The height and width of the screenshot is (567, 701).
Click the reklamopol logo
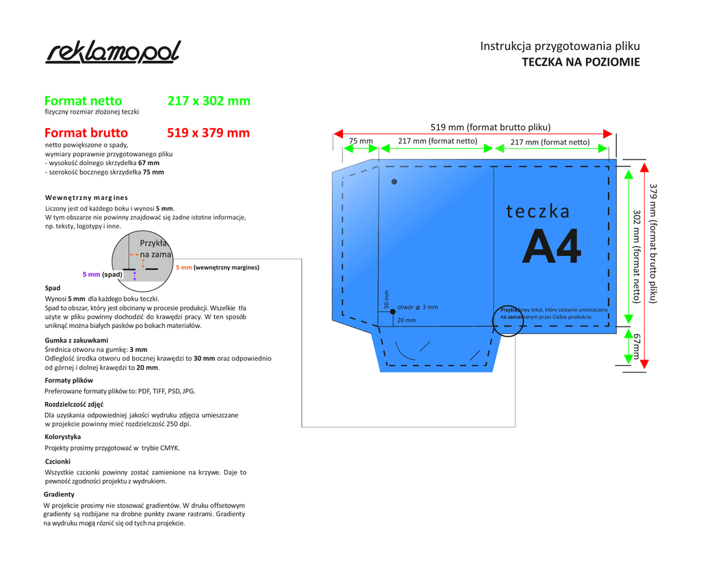point(114,52)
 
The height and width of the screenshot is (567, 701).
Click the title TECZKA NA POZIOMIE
point(581,62)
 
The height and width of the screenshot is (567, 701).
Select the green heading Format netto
point(83,101)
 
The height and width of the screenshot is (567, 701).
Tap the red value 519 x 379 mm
point(208,133)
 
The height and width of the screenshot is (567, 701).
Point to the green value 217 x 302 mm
point(209,101)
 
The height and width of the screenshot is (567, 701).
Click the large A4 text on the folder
point(551,247)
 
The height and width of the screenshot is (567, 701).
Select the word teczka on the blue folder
point(538,211)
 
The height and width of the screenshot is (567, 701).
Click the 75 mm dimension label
point(361,142)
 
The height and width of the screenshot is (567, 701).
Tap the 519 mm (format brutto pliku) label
point(490,127)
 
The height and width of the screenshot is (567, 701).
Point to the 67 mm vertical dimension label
point(636,346)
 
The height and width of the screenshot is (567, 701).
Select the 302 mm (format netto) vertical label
point(636,255)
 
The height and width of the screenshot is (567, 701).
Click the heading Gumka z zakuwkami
point(77,340)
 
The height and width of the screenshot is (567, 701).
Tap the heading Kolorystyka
point(63,436)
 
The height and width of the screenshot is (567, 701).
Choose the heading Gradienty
point(60,494)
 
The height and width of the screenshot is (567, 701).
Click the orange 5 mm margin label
point(184,268)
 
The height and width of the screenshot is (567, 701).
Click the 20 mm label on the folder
point(406,320)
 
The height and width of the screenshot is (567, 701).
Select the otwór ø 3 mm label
point(418,307)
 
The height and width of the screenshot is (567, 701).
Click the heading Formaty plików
point(69,380)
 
